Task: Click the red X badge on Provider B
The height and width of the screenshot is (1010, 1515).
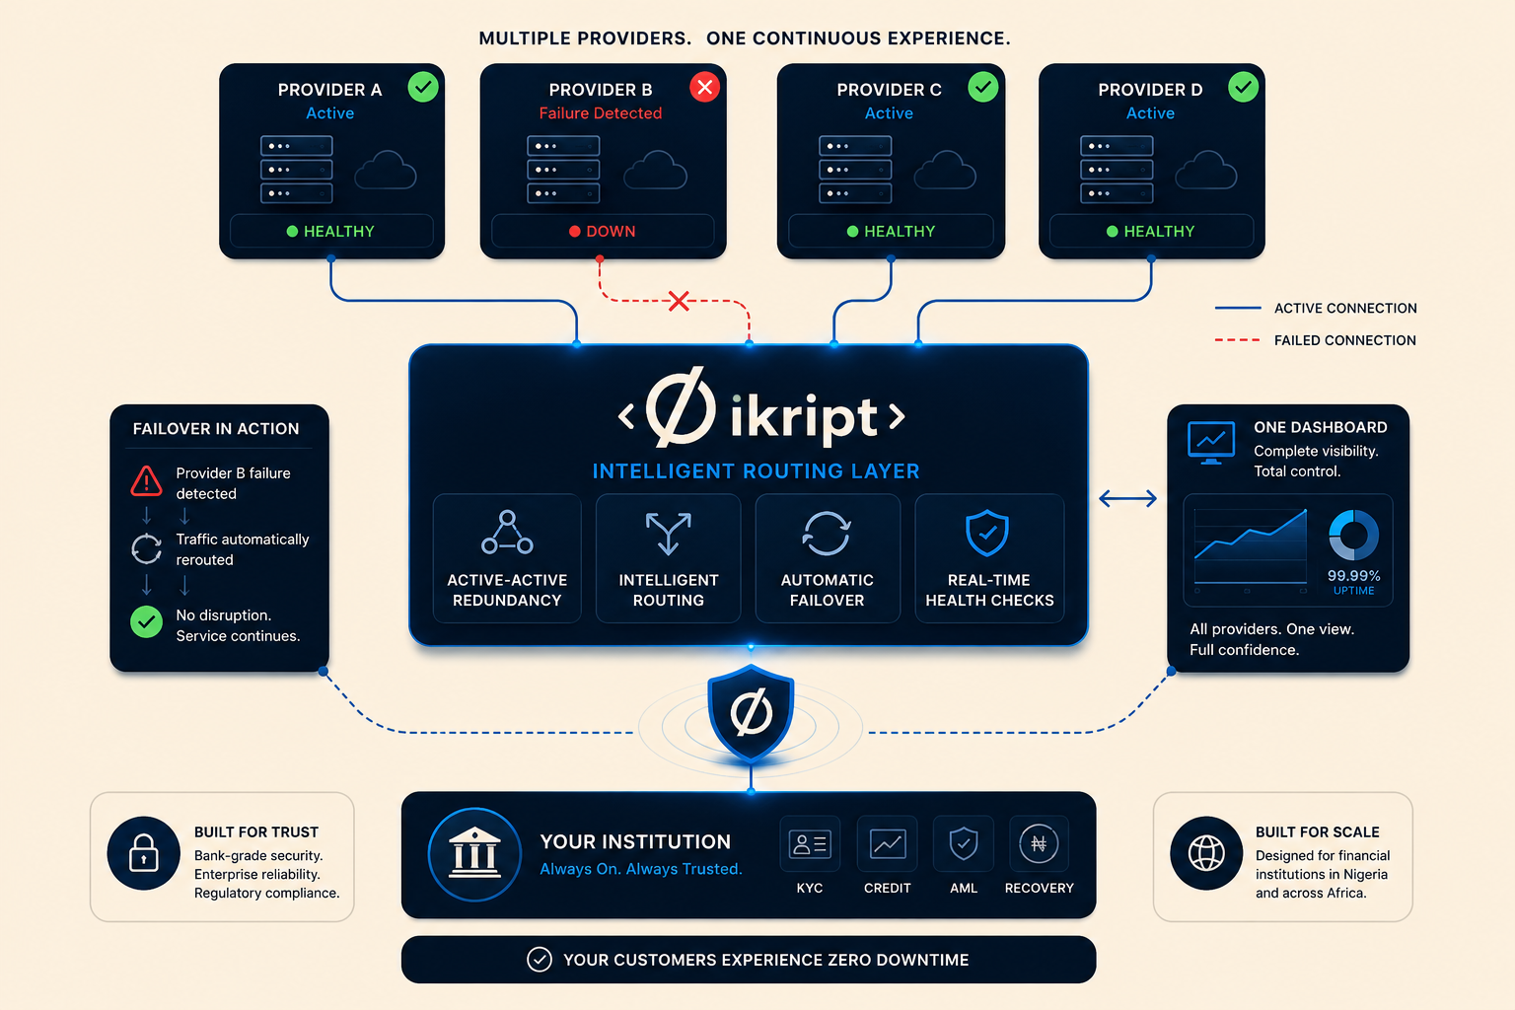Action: coord(705,87)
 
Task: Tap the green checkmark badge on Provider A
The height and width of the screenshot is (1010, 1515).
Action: coord(423,87)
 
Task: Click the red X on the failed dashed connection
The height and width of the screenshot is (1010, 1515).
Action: coord(679,301)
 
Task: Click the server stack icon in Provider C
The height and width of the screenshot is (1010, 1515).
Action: coord(855,169)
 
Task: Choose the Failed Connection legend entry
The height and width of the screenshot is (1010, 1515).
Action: coord(1315,340)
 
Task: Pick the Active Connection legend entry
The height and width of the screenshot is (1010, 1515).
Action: coord(1316,309)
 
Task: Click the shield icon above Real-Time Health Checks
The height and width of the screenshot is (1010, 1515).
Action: coord(987,533)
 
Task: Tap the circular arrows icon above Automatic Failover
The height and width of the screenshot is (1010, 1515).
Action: coord(827,534)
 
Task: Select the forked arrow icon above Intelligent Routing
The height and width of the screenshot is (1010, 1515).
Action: coord(668,534)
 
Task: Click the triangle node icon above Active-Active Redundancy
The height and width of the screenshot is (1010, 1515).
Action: coord(507,533)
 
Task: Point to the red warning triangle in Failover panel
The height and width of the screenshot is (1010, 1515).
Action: coord(146,481)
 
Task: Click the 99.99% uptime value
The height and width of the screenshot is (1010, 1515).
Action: coord(1353,576)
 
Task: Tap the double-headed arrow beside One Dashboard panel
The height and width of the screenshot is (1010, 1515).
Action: coord(1127,499)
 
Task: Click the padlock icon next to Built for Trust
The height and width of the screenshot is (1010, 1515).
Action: coord(143,853)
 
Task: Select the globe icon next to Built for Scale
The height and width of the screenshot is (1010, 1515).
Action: coord(1206,853)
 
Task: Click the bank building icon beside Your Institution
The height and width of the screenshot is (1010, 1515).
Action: coord(474,854)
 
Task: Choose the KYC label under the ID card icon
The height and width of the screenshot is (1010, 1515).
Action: coord(810,889)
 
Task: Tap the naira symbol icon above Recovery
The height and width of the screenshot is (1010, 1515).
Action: coord(1039,843)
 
